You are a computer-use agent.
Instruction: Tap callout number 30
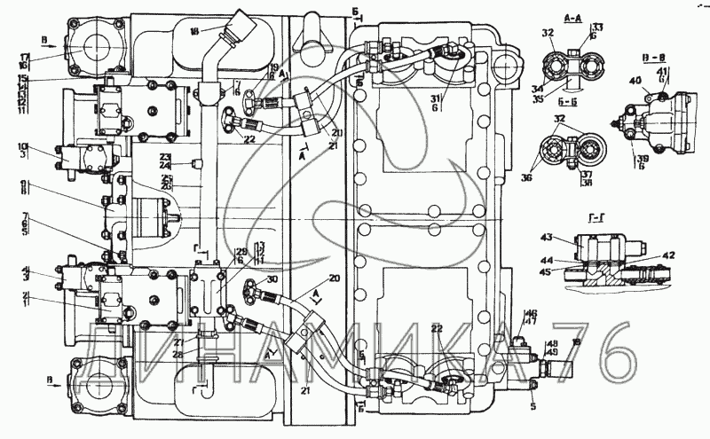272,279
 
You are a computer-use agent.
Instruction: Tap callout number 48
552,344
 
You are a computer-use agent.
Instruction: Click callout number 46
532,313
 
